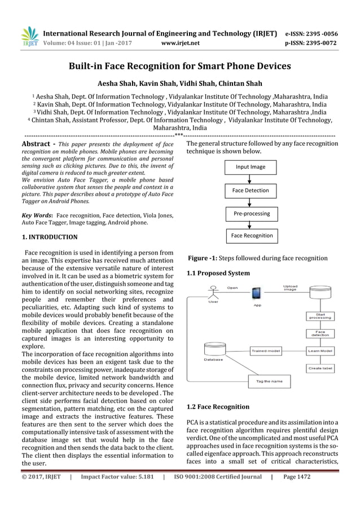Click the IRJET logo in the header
pos(29,36)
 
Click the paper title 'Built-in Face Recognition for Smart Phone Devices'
pos(179,66)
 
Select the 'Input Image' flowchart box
pos(251,168)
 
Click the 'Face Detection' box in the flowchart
pos(251,191)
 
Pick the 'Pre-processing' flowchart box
pos(251,213)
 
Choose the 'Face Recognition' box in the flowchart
pos(251,236)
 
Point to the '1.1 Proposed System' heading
pos(218,274)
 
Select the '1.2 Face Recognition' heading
pos(217,407)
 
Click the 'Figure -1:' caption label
pos(202,258)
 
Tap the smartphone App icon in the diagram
pos(257,293)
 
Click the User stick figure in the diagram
pos(213,292)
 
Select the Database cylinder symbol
pos(214,350)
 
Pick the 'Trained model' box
pos(265,351)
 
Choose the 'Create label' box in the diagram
pos(320,368)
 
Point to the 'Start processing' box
pos(320,315)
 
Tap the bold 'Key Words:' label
pos(37,215)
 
